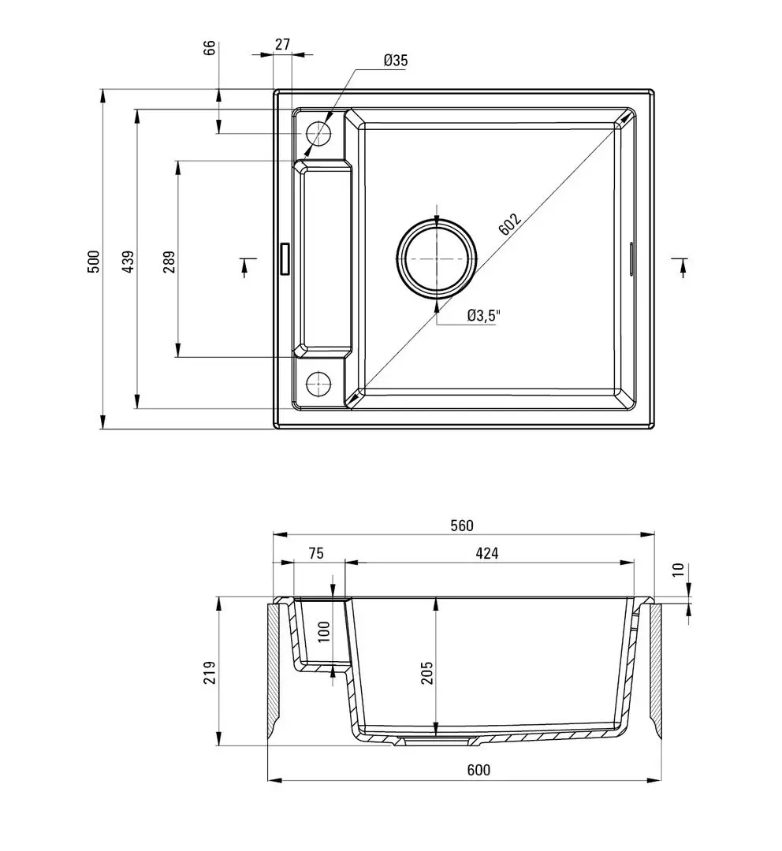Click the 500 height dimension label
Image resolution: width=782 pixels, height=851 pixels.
pyautogui.click(x=93, y=261)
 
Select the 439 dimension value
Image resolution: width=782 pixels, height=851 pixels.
pyautogui.click(x=128, y=261)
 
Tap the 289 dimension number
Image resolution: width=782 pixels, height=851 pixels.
pyautogui.click(x=168, y=261)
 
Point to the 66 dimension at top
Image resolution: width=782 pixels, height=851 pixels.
pyautogui.click(x=210, y=47)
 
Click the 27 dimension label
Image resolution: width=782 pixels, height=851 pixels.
pyautogui.click(x=281, y=45)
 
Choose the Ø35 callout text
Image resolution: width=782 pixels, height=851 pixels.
pyautogui.click(x=396, y=61)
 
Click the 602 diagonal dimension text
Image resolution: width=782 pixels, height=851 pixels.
pyautogui.click(x=510, y=225)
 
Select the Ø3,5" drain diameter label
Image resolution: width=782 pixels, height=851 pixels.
pyautogui.click(x=483, y=316)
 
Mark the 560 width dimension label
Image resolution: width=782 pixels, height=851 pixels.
pyautogui.click(x=462, y=526)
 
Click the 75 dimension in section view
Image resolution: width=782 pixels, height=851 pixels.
pyautogui.click(x=315, y=553)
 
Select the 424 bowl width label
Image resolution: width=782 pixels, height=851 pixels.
pyautogui.click(x=487, y=553)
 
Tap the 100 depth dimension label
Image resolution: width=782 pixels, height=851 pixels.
pyautogui.click(x=323, y=632)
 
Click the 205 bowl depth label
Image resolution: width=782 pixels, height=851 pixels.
pyautogui.click(x=426, y=672)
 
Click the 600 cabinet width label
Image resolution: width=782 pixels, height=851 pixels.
pyautogui.click(x=479, y=770)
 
